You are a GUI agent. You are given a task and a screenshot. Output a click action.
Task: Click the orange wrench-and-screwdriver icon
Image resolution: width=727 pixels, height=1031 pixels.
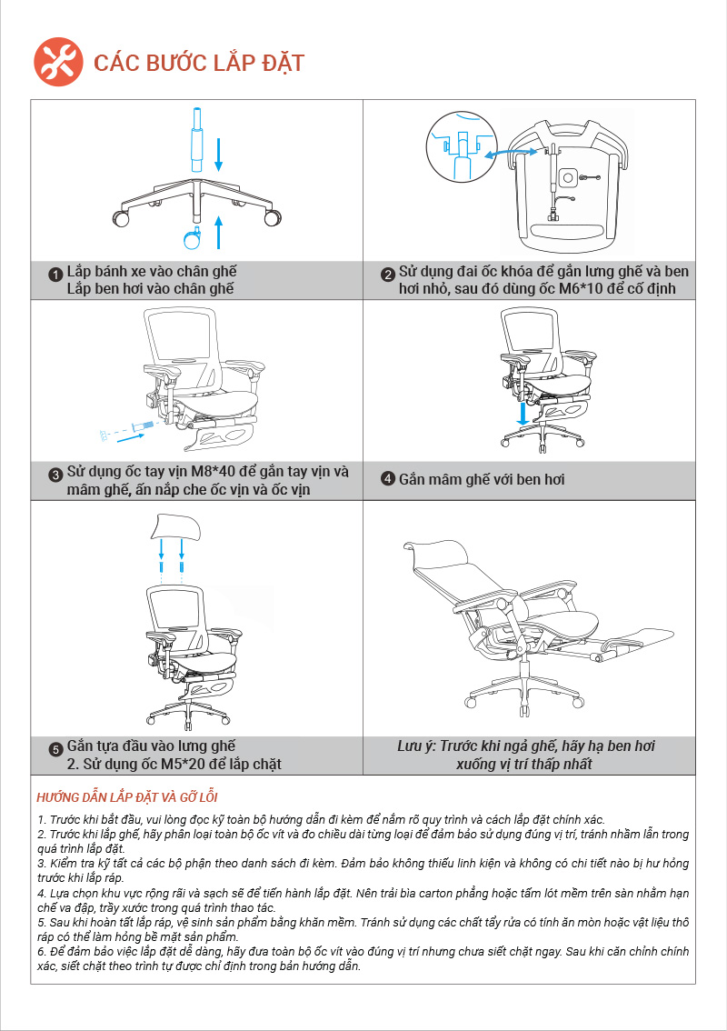tap(58, 62)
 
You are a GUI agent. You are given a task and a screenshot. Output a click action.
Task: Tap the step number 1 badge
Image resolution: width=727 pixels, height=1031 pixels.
tap(55, 275)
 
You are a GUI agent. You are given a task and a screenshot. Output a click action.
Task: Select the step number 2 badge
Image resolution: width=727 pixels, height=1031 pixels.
tap(388, 275)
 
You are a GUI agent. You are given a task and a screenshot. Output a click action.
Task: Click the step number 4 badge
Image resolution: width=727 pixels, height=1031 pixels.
tap(388, 478)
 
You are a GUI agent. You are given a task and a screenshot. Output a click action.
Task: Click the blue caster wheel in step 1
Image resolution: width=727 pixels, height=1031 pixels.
tap(193, 238)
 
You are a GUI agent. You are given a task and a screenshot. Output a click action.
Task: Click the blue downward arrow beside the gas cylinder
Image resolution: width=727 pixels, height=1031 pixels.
tap(219, 154)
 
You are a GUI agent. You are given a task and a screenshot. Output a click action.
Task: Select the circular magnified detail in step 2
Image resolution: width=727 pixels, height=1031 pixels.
tap(462, 146)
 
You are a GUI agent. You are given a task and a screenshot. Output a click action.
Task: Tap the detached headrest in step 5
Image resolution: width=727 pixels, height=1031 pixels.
tap(174, 526)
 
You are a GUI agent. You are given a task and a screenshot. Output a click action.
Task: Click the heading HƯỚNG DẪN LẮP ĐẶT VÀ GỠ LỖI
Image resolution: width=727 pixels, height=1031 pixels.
tap(127, 797)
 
